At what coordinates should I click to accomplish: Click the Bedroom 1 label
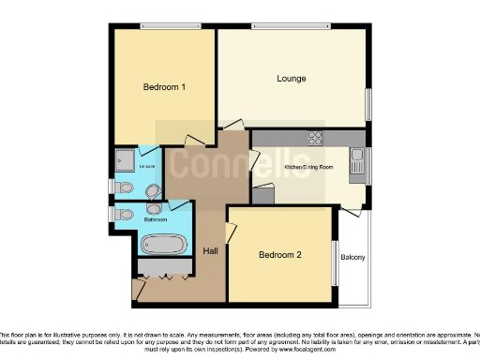click(x=164, y=87)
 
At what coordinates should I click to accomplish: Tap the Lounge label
click(x=292, y=79)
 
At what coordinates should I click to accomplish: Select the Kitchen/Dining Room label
click(x=307, y=169)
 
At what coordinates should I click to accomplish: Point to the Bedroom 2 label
click(x=280, y=255)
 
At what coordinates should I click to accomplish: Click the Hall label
click(x=212, y=251)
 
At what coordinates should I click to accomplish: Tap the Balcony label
click(x=352, y=258)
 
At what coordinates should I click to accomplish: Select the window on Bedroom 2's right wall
click(x=336, y=257)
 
